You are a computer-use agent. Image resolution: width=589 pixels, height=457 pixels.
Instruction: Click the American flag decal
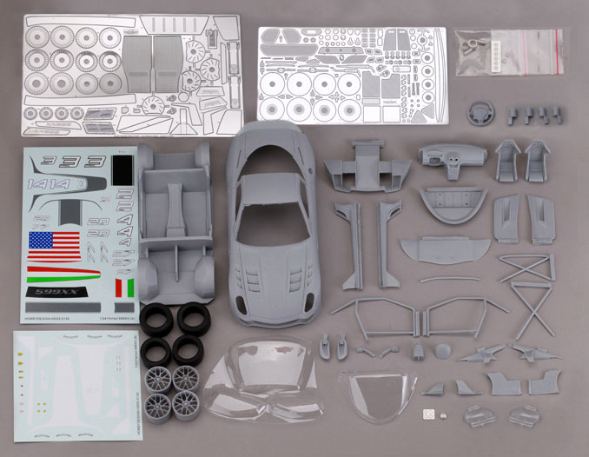pos(53,245)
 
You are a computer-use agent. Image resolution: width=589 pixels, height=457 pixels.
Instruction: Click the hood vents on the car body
pos(270,277)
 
